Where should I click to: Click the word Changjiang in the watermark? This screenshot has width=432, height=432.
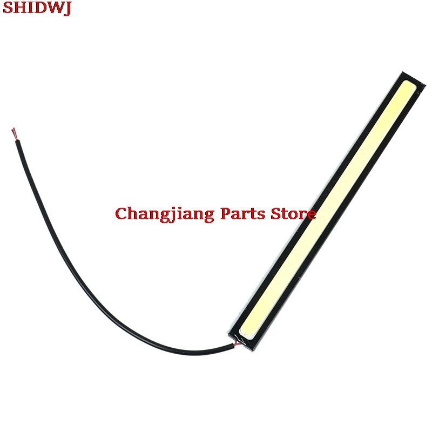coord(165,214)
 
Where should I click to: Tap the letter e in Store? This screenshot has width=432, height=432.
coord(311,214)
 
